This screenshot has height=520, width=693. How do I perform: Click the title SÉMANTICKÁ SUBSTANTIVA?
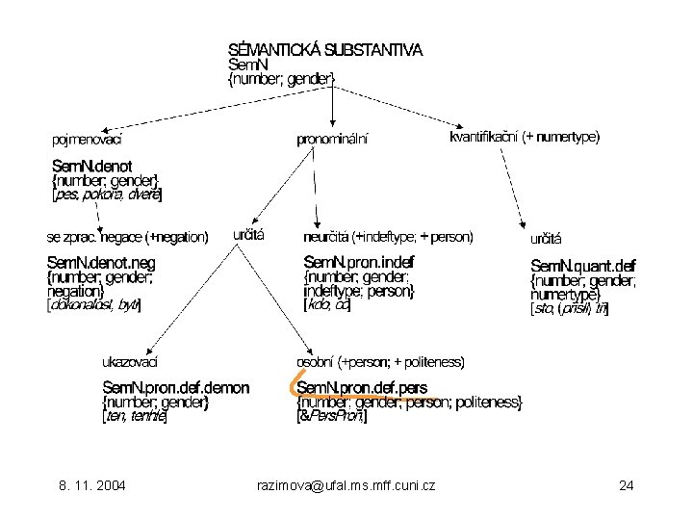click(324, 49)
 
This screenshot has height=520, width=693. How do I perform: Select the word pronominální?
click(332, 140)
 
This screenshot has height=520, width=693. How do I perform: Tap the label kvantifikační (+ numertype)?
click(524, 138)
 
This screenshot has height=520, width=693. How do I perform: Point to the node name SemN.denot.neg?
click(102, 262)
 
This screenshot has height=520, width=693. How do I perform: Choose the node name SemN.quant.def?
click(583, 266)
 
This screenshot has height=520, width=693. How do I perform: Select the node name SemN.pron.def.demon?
click(176, 388)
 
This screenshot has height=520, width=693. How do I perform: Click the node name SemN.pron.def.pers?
click(362, 388)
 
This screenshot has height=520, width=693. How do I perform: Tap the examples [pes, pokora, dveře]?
click(107, 195)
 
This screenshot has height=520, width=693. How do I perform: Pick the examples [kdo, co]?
click(327, 305)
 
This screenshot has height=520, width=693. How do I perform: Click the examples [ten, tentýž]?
click(136, 417)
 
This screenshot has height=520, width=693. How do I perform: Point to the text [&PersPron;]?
click(332, 417)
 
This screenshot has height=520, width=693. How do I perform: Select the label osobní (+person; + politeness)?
click(381, 362)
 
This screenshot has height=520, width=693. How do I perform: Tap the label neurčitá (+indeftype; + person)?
click(388, 235)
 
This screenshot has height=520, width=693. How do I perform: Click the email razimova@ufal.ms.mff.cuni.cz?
click(347, 485)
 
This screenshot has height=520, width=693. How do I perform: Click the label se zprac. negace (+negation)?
click(128, 237)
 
